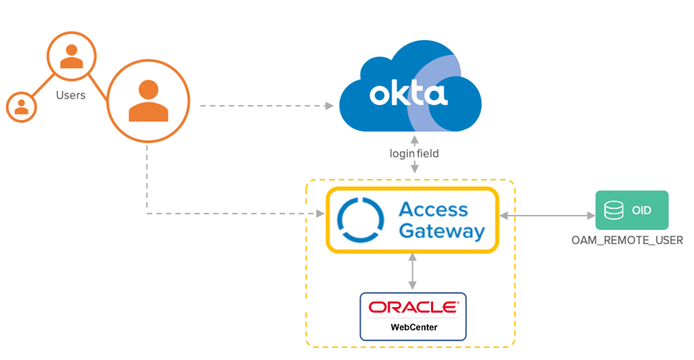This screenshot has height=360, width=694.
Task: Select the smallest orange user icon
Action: (x=21, y=106)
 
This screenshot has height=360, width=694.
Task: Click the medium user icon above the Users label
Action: (x=72, y=56)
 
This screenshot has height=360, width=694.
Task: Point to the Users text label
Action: (x=71, y=95)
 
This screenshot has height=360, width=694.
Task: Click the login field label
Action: (x=414, y=153)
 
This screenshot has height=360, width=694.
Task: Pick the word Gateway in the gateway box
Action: (x=442, y=232)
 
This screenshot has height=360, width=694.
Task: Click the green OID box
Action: (x=631, y=210)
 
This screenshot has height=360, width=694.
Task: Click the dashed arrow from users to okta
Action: (x=266, y=106)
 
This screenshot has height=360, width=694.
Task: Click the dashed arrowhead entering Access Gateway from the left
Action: (x=320, y=214)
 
